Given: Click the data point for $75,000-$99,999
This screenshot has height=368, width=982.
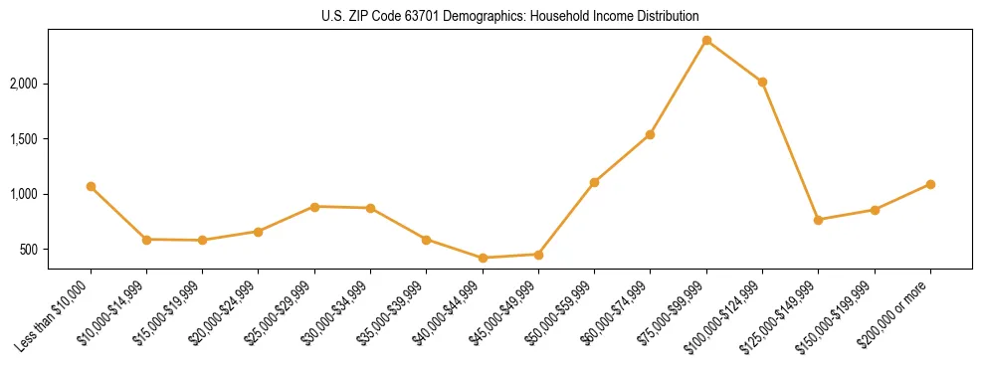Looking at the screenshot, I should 706,41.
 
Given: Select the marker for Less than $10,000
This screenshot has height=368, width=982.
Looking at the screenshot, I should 91,187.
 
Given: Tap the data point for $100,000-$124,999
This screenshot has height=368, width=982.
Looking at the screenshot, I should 762,83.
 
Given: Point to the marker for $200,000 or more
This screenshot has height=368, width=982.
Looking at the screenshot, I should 930,185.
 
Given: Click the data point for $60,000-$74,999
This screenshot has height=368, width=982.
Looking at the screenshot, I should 651,135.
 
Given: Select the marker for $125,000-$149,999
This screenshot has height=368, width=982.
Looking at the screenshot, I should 819,220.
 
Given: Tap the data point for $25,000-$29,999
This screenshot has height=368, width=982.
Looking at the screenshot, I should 314,207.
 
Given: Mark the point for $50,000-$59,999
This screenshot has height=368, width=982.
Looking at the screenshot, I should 594,183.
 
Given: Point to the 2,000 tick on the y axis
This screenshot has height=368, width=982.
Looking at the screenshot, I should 22,84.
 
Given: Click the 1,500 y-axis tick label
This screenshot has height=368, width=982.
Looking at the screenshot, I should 22,139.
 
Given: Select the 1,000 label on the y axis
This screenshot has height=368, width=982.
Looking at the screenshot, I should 22,194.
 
